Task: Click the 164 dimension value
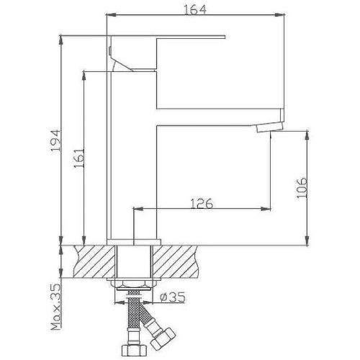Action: click(x=195, y=9)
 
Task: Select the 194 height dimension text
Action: click(x=56, y=140)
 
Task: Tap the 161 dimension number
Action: click(x=79, y=158)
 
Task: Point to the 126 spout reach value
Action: click(x=202, y=203)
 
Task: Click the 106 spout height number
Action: click(x=302, y=188)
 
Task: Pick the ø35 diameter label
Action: click(x=173, y=297)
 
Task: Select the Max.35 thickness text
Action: click(x=55, y=307)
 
